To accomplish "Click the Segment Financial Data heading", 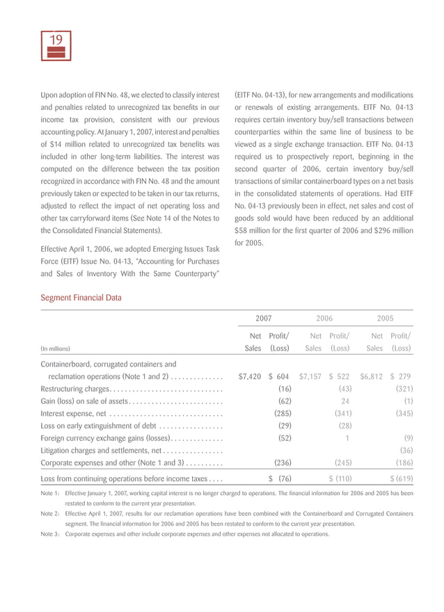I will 81,298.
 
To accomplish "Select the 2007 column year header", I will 263,318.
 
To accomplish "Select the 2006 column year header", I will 324,318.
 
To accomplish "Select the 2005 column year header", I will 385,318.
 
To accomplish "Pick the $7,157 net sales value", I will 310,376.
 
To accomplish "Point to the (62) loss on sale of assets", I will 284,401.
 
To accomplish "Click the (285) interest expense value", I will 282,414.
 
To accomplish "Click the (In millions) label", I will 56,349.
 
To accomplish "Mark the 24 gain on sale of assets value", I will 344,401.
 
